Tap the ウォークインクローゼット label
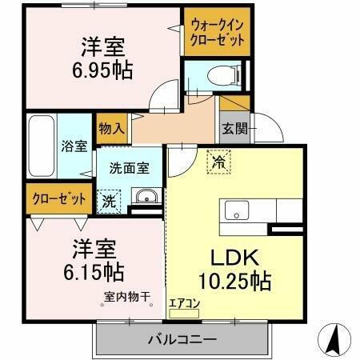tap(217, 37)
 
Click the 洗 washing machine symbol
tap(106, 200)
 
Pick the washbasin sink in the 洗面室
tap(145, 198)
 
